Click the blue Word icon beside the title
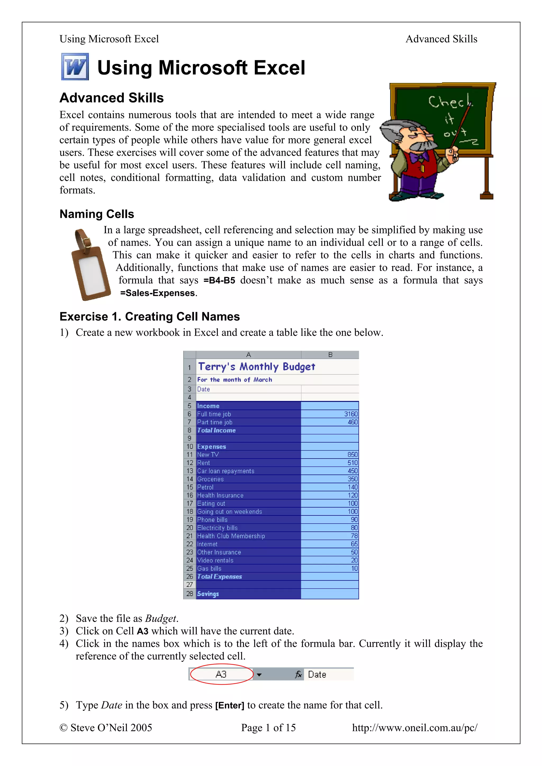point(75,67)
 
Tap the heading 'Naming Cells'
point(97,214)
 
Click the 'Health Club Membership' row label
point(231,536)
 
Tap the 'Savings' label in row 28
point(208,594)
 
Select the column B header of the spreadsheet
point(330,355)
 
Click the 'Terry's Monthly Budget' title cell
point(256,367)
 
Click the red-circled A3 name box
point(221,674)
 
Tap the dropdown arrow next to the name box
point(259,675)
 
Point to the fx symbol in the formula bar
point(298,675)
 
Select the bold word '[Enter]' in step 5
point(230,705)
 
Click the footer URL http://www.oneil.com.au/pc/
point(414,728)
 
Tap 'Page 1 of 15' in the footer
point(269,728)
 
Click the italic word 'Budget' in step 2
point(160,618)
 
